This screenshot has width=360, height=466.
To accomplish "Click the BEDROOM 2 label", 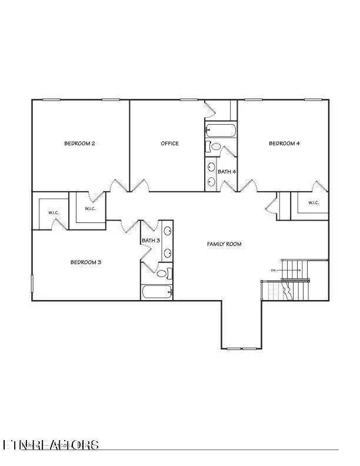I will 80,144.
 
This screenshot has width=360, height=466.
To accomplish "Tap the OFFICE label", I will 170,144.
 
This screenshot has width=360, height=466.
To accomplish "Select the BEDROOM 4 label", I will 285,144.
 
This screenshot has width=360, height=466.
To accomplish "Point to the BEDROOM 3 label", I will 86,262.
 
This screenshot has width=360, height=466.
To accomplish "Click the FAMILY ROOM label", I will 224,244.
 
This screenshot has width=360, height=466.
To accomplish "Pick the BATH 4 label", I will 226,172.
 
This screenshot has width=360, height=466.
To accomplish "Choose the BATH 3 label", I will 151,241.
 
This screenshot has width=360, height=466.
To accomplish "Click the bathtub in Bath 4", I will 221,130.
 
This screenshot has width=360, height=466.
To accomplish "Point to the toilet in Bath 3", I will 165,273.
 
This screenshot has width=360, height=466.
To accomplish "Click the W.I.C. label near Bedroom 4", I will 313,203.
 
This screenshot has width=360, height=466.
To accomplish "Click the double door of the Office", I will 139,187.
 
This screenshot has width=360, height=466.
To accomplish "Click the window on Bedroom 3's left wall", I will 32,282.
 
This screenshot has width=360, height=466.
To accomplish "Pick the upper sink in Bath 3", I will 167,232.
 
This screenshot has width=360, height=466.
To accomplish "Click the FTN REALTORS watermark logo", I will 51,445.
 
